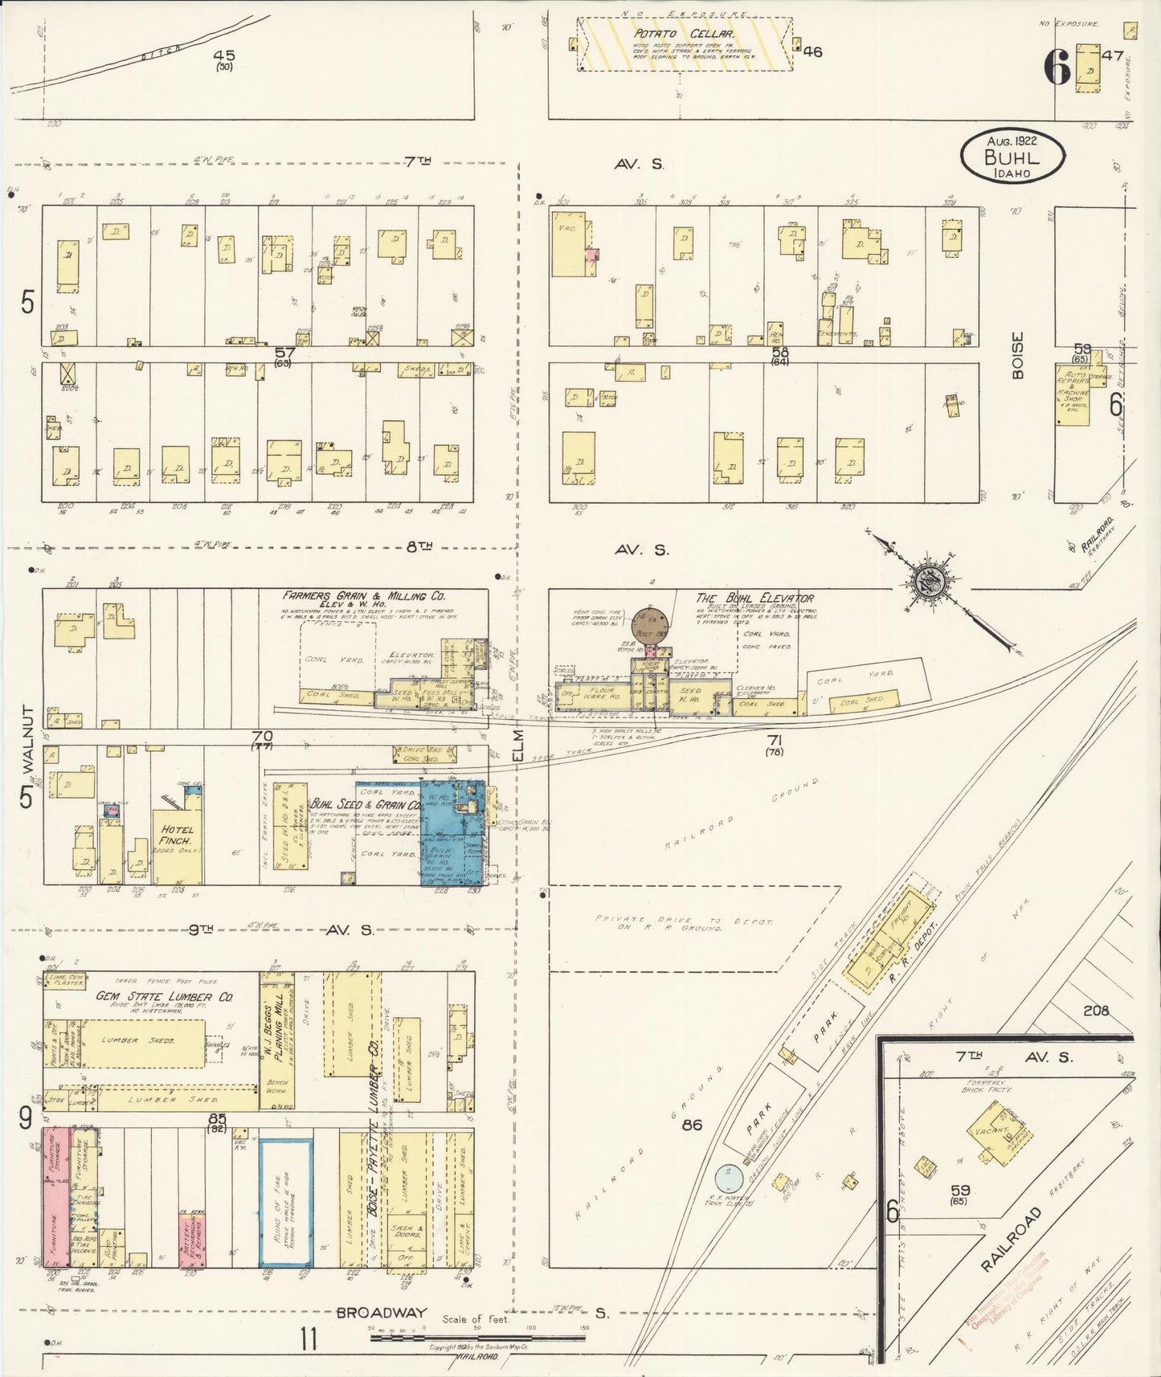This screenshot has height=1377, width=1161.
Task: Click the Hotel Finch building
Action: [x=177, y=845]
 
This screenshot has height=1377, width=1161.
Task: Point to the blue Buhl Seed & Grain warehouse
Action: [x=452, y=836]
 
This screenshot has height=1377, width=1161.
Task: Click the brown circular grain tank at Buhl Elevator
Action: [x=651, y=623]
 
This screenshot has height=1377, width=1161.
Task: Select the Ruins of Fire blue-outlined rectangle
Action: [x=285, y=1202]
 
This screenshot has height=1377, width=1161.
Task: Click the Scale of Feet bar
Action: [x=474, y=1328]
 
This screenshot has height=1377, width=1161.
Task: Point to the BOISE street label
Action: [x=1018, y=355]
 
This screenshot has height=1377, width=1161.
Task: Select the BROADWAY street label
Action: [x=381, y=1313]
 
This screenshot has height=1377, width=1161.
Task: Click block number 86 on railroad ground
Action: [x=691, y=1124]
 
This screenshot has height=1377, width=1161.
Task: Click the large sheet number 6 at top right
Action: [x=1057, y=67]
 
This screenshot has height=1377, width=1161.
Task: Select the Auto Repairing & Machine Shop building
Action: [x=1073, y=395]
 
